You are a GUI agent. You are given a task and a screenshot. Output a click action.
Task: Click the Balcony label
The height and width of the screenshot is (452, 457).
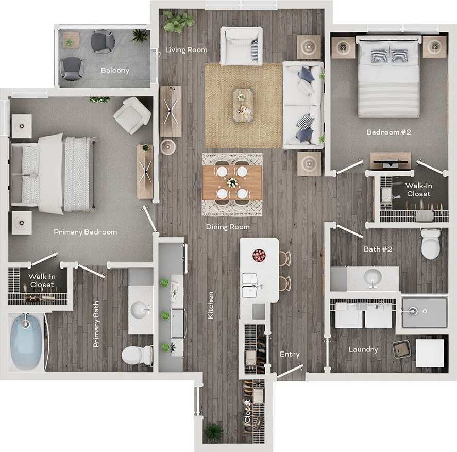(115, 70)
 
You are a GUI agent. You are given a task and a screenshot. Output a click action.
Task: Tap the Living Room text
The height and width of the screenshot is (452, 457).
(186, 50)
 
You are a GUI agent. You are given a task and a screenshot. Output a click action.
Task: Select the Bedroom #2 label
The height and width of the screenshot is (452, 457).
(388, 132)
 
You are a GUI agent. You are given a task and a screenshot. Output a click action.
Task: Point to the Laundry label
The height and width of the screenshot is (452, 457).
(363, 349)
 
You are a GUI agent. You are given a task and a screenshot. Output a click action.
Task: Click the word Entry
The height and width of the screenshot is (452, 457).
(290, 354)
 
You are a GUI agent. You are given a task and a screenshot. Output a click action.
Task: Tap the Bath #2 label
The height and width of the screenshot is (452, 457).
(378, 249)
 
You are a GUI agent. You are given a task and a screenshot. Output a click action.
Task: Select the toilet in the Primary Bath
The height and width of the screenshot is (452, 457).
(137, 355)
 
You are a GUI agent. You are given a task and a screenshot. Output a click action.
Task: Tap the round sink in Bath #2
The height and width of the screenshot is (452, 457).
(372, 279)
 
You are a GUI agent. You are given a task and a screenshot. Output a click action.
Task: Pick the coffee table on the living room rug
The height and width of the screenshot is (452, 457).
(243, 105)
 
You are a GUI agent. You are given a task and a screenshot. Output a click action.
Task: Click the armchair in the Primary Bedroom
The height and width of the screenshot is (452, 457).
(132, 115)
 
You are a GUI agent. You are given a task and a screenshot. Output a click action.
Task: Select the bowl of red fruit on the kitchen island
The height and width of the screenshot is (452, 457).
(259, 255)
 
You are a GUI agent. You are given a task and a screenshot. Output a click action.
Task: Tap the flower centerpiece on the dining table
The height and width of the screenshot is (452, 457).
(232, 182)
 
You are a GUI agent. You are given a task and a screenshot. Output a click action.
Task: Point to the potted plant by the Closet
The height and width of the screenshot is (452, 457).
(213, 431)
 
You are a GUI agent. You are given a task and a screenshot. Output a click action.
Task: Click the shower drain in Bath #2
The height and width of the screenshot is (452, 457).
(413, 311)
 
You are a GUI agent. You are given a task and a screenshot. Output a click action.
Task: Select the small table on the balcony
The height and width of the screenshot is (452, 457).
(71, 40)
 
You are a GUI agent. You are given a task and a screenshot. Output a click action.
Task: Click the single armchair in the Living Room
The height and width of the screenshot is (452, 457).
(241, 45)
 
